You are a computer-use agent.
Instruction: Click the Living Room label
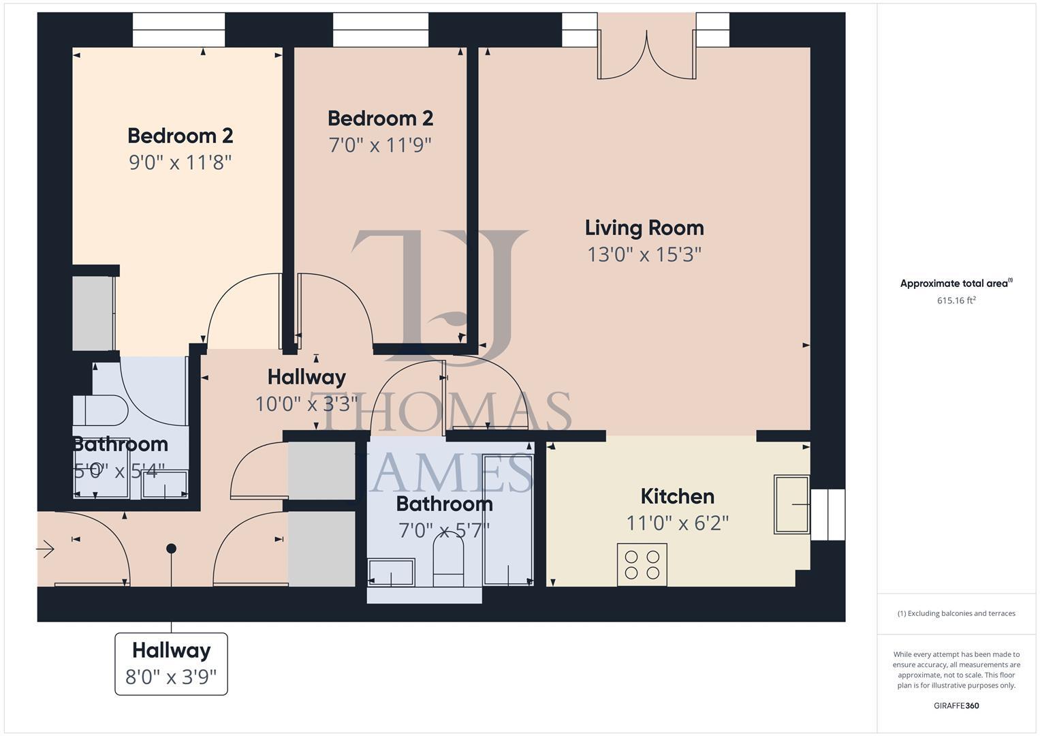(x=644, y=228)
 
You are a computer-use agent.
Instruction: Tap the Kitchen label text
(x=677, y=496)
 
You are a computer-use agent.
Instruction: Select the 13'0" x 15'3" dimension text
(x=644, y=255)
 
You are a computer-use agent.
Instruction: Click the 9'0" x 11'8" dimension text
(x=180, y=163)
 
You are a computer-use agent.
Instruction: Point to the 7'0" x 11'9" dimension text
(x=380, y=145)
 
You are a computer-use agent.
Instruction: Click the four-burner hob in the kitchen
(x=642, y=564)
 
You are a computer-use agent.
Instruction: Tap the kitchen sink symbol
(x=791, y=504)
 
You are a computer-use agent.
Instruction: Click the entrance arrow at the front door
(x=46, y=548)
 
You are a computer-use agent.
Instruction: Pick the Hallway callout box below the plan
(x=171, y=664)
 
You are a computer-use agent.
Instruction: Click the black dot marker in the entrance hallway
(x=171, y=549)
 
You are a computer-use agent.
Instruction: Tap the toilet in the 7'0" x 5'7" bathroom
(x=448, y=559)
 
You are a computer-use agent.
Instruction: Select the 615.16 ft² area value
(x=956, y=301)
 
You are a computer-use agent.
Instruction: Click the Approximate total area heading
(x=956, y=283)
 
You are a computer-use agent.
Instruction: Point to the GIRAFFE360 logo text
(x=956, y=706)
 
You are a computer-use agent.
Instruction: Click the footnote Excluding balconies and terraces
(x=956, y=613)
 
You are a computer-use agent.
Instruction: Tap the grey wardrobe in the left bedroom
(x=93, y=313)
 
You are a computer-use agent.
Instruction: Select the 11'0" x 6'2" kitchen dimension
(x=677, y=523)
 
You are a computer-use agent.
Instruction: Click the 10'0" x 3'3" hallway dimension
(x=306, y=405)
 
